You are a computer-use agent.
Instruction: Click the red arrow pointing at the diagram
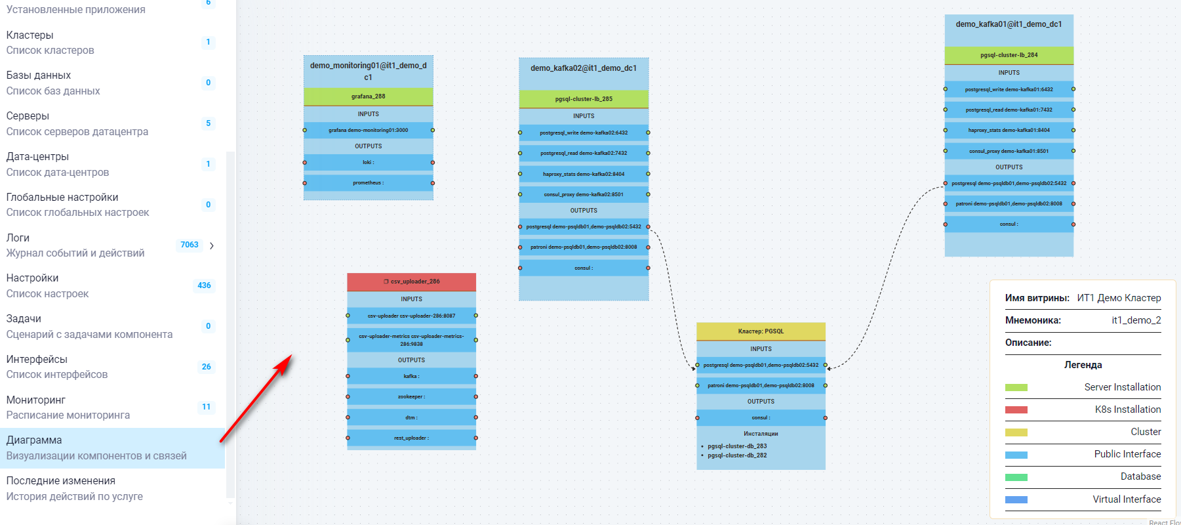click(x=256, y=399)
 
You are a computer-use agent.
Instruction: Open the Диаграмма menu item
click(x=34, y=440)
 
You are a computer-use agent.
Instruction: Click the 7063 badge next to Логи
click(x=190, y=245)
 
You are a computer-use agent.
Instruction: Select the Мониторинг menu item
click(x=36, y=400)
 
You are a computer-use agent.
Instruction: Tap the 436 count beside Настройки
click(x=204, y=285)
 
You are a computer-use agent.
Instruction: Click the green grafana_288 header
click(x=368, y=96)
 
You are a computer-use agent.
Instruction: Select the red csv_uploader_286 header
click(x=412, y=282)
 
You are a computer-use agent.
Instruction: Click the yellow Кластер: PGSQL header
click(x=761, y=331)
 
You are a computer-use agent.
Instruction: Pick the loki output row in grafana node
click(x=368, y=162)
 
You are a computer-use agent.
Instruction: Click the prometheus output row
click(x=368, y=183)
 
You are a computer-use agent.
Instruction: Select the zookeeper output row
click(x=411, y=397)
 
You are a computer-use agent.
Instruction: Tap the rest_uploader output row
click(x=411, y=438)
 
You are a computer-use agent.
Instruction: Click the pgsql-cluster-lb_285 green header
click(x=584, y=99)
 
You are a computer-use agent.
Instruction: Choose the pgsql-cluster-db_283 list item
click(x=737, y=446)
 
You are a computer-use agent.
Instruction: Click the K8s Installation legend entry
click(x=1127, y=409)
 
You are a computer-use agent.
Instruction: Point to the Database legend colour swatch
click(x=1016, y=477)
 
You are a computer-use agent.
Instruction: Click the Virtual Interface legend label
click(x=1126, y=499)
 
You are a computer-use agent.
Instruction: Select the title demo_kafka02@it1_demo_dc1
click(x=584, y=68)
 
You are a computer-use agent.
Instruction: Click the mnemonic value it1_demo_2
click(x=1136, y=320)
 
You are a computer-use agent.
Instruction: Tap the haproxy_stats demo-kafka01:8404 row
click(x=1009, y=131)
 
